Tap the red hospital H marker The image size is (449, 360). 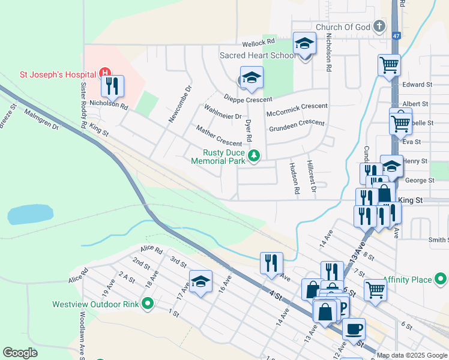[x=106, y=74]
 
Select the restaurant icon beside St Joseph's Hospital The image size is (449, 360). [x=112, y=87]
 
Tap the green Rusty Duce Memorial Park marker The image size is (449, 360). [x=255, y=156]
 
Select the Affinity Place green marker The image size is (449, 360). [x=441, y=279]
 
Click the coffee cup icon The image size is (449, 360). [x=354, y=329]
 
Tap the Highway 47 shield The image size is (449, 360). [x=396, y=36]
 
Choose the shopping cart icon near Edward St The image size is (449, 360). [x=389, y=65]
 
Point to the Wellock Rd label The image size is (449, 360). [x=258, y=43]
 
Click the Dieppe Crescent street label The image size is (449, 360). [x=247, y=99]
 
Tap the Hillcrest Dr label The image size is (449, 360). [x=311, y=176]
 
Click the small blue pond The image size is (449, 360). [x=31, y=214]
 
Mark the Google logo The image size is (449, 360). [x=20, y=353]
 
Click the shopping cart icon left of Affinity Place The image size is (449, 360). [x=375, y=289]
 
